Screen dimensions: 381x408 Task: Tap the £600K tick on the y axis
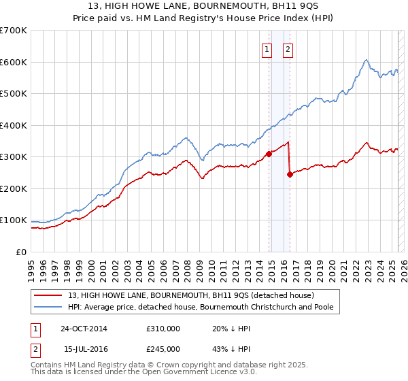tap(14, 62)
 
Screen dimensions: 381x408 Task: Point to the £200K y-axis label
tap(14, 188)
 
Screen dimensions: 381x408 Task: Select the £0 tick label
tap(21, 252)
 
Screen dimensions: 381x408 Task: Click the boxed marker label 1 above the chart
tap(267, 49)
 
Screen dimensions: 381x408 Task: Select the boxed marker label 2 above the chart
tap(288, 49)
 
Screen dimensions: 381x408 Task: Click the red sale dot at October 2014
tap(269, 154)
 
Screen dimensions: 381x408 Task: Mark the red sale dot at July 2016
tap(290, 174)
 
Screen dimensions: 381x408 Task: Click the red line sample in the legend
tap(50, 295)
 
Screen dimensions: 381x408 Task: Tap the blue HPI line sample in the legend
tap(50, 307)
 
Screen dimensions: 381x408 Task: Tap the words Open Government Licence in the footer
tap(199, 372)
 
